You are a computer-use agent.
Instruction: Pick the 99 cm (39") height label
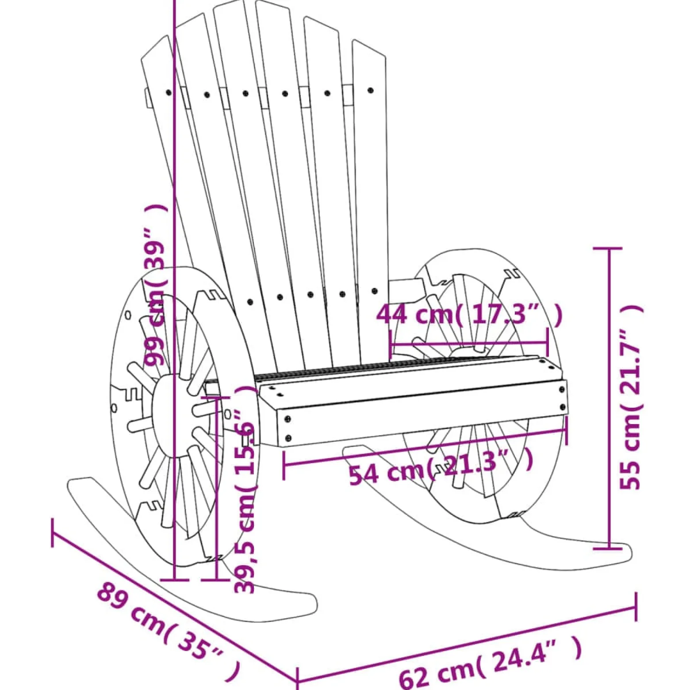pos(157,285)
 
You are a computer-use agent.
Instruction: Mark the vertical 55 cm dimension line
pos(609,399)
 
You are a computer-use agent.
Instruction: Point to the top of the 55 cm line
pos(609,249)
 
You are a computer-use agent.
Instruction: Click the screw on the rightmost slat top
pos(371,91)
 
